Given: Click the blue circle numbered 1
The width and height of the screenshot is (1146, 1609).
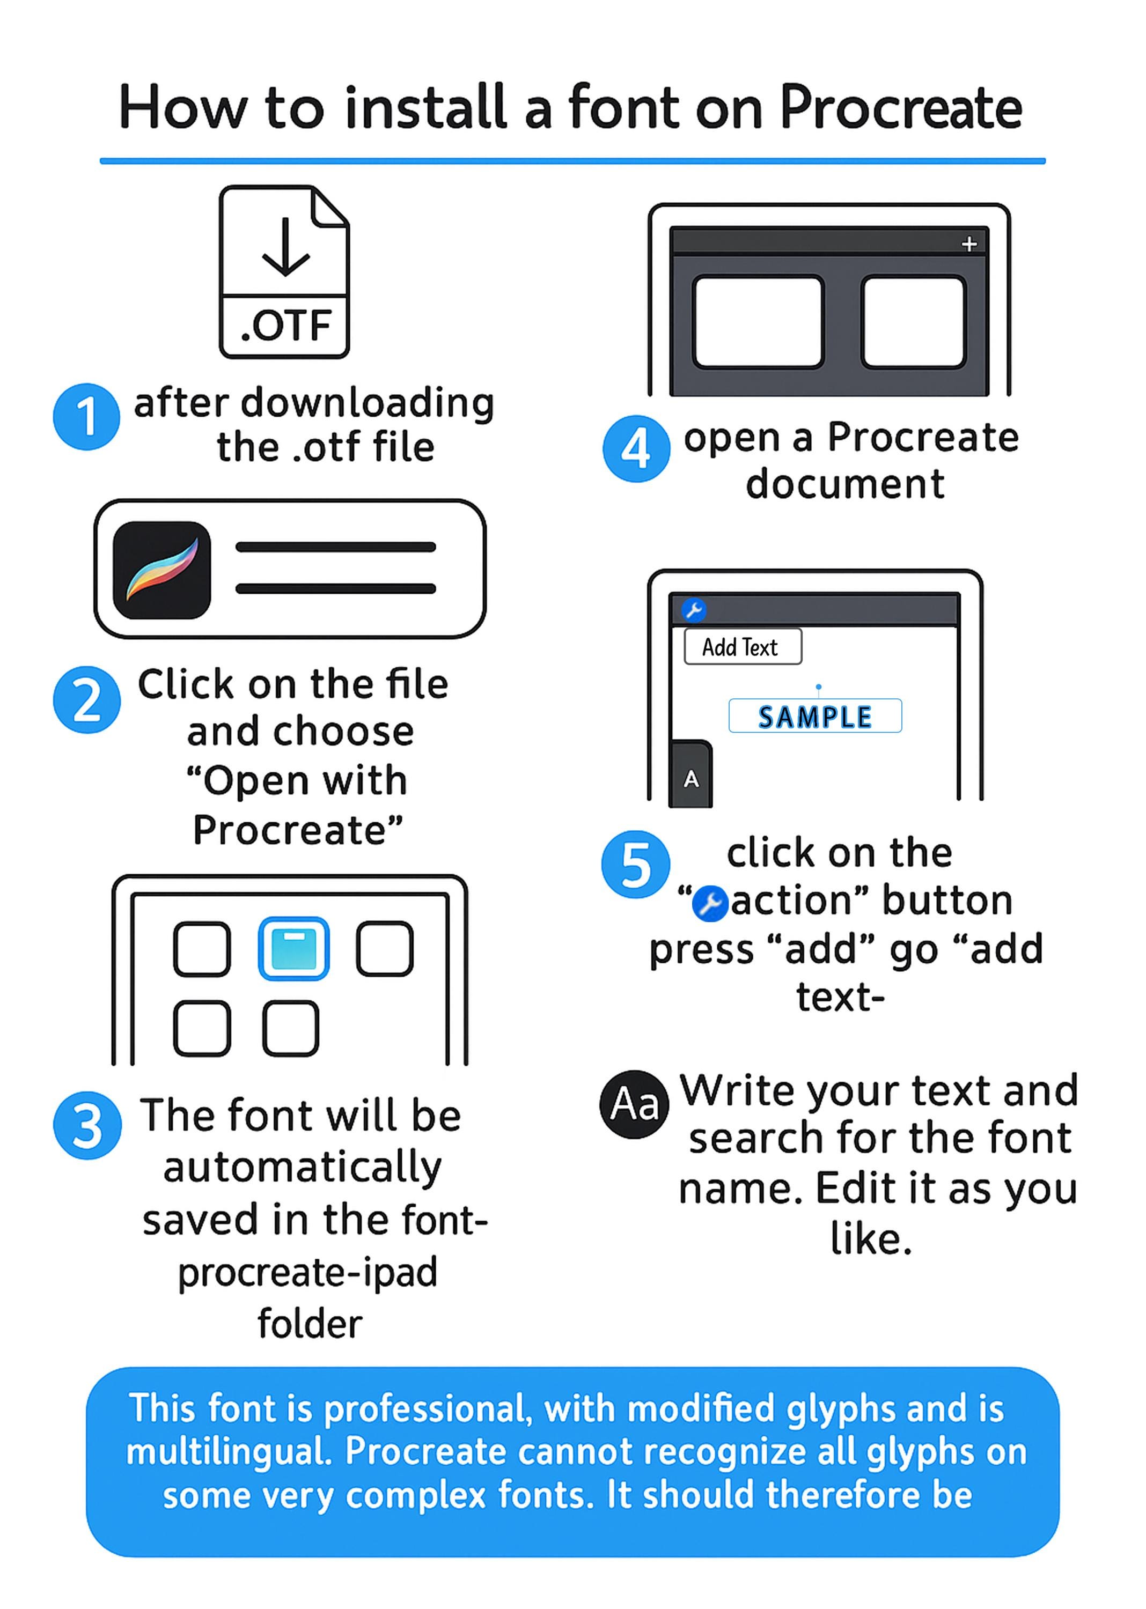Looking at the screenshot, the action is [x=86, y=416].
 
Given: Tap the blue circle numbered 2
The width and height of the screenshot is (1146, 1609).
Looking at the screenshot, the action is [x=87, y=700].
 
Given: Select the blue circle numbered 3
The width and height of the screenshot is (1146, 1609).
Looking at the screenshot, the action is [x=87, y=1126].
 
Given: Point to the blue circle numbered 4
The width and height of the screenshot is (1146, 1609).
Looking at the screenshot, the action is [x=636, y=448].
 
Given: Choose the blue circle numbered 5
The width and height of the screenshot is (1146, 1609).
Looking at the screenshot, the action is [x=635, y=864].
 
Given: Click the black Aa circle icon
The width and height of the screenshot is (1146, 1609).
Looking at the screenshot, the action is [x=634, y=1105].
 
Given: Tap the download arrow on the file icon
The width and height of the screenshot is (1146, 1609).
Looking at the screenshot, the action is [x=285, y=246].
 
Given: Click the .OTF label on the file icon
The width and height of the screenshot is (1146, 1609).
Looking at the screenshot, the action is [x=285, y=326].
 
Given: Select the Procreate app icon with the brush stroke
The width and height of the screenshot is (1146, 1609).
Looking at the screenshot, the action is [x=161, y=570].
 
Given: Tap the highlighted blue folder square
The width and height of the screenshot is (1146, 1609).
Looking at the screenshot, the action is [x=293, y=949].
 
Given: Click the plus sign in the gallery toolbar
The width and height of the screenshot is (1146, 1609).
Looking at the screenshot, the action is [x=969, y=244].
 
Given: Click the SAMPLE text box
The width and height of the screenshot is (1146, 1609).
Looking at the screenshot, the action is [x=815, y=716].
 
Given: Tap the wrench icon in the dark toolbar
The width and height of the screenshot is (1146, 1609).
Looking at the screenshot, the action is [x=693, y=609].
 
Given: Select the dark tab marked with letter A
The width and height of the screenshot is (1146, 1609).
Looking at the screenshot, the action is [x=691, y=774].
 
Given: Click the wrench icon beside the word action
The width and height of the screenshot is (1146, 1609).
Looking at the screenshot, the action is [x=710, y=904].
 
